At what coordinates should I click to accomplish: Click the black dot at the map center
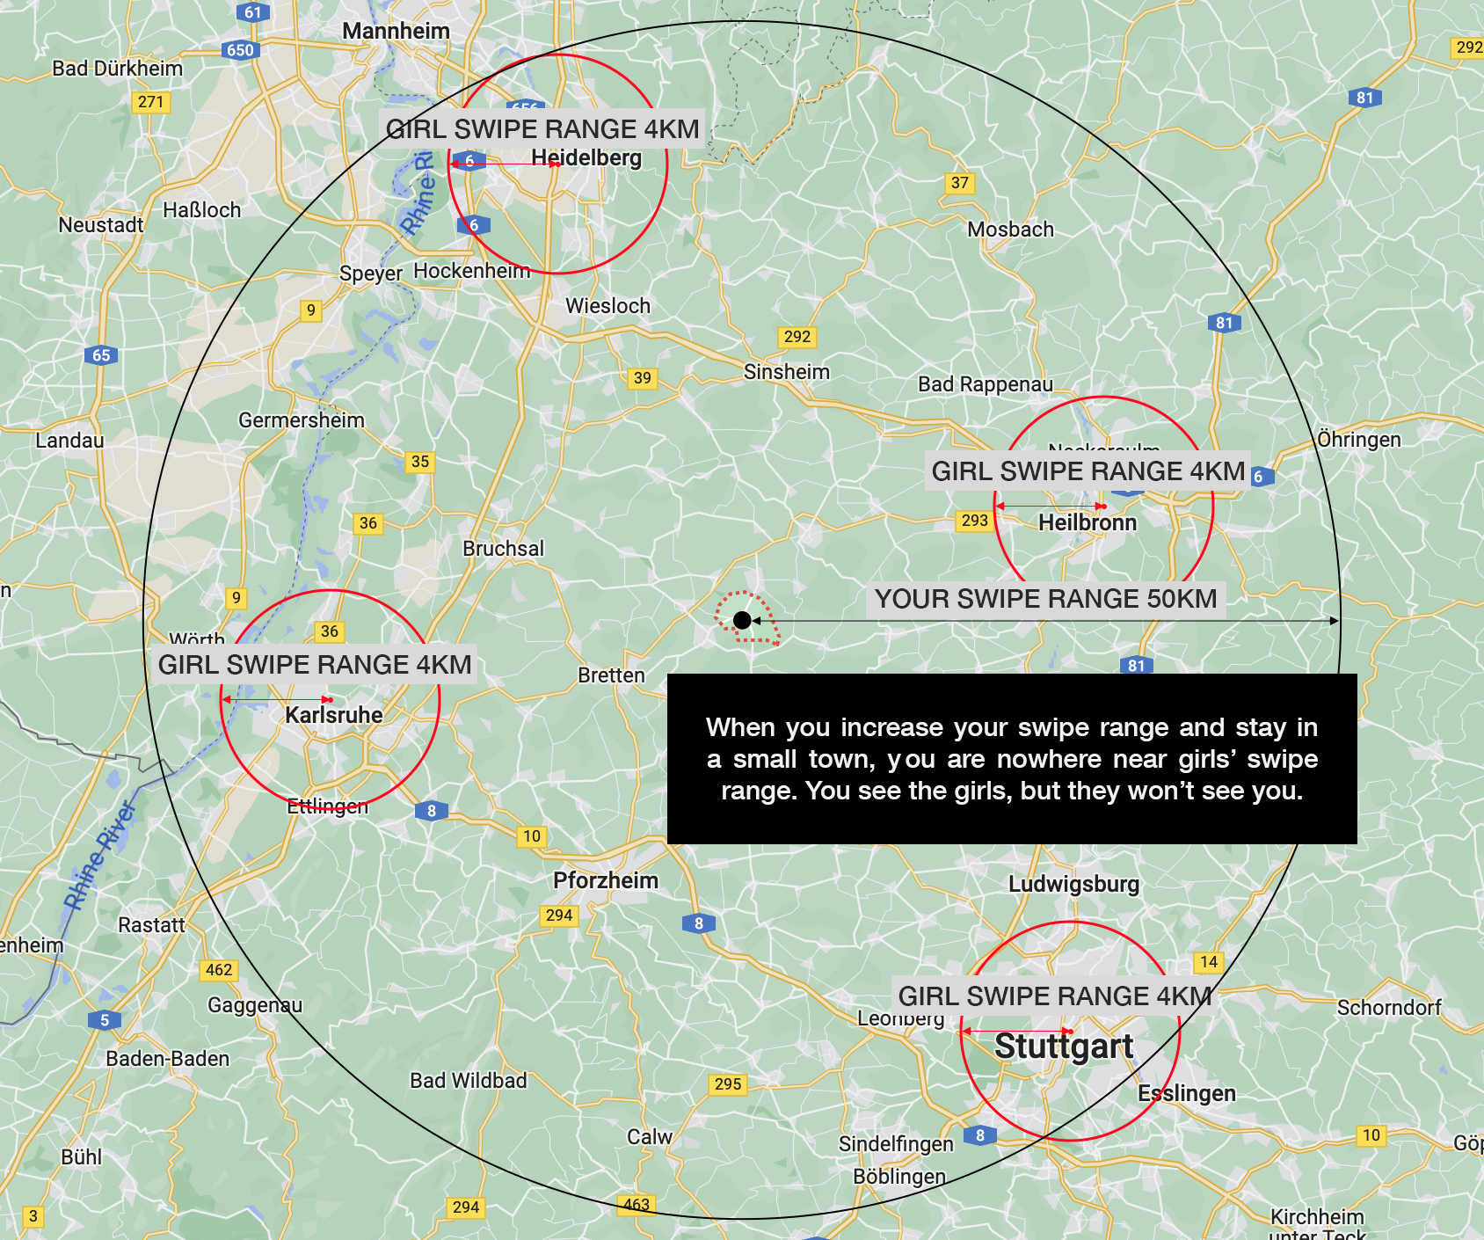point(742,620)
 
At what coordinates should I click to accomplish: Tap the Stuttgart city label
point(1064,1047)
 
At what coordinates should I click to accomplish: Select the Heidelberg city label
point(586,158)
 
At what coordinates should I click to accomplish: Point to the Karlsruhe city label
point(334,715)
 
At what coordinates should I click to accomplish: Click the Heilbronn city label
point(1088,523)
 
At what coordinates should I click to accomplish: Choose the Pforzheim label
point(606,880)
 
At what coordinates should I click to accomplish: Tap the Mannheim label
point(396,32)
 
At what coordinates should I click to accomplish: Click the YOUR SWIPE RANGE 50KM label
point(1045,599)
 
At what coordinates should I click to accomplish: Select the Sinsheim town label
point(787,372)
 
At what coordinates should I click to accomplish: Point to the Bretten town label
point(611,675)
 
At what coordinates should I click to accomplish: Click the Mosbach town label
point(1010,230)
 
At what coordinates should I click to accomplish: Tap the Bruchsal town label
point(503,549)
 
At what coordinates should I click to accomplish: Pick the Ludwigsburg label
point(1073,884)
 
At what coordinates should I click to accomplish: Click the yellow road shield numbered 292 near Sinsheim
point(797,337)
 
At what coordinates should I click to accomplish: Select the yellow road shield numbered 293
point(974,521)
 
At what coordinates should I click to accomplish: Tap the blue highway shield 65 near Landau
point(101,355)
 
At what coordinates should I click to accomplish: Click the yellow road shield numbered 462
point(219,970)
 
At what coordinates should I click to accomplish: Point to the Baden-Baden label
point(167,1059)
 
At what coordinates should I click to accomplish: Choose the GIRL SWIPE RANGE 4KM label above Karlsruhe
point(315,665)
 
